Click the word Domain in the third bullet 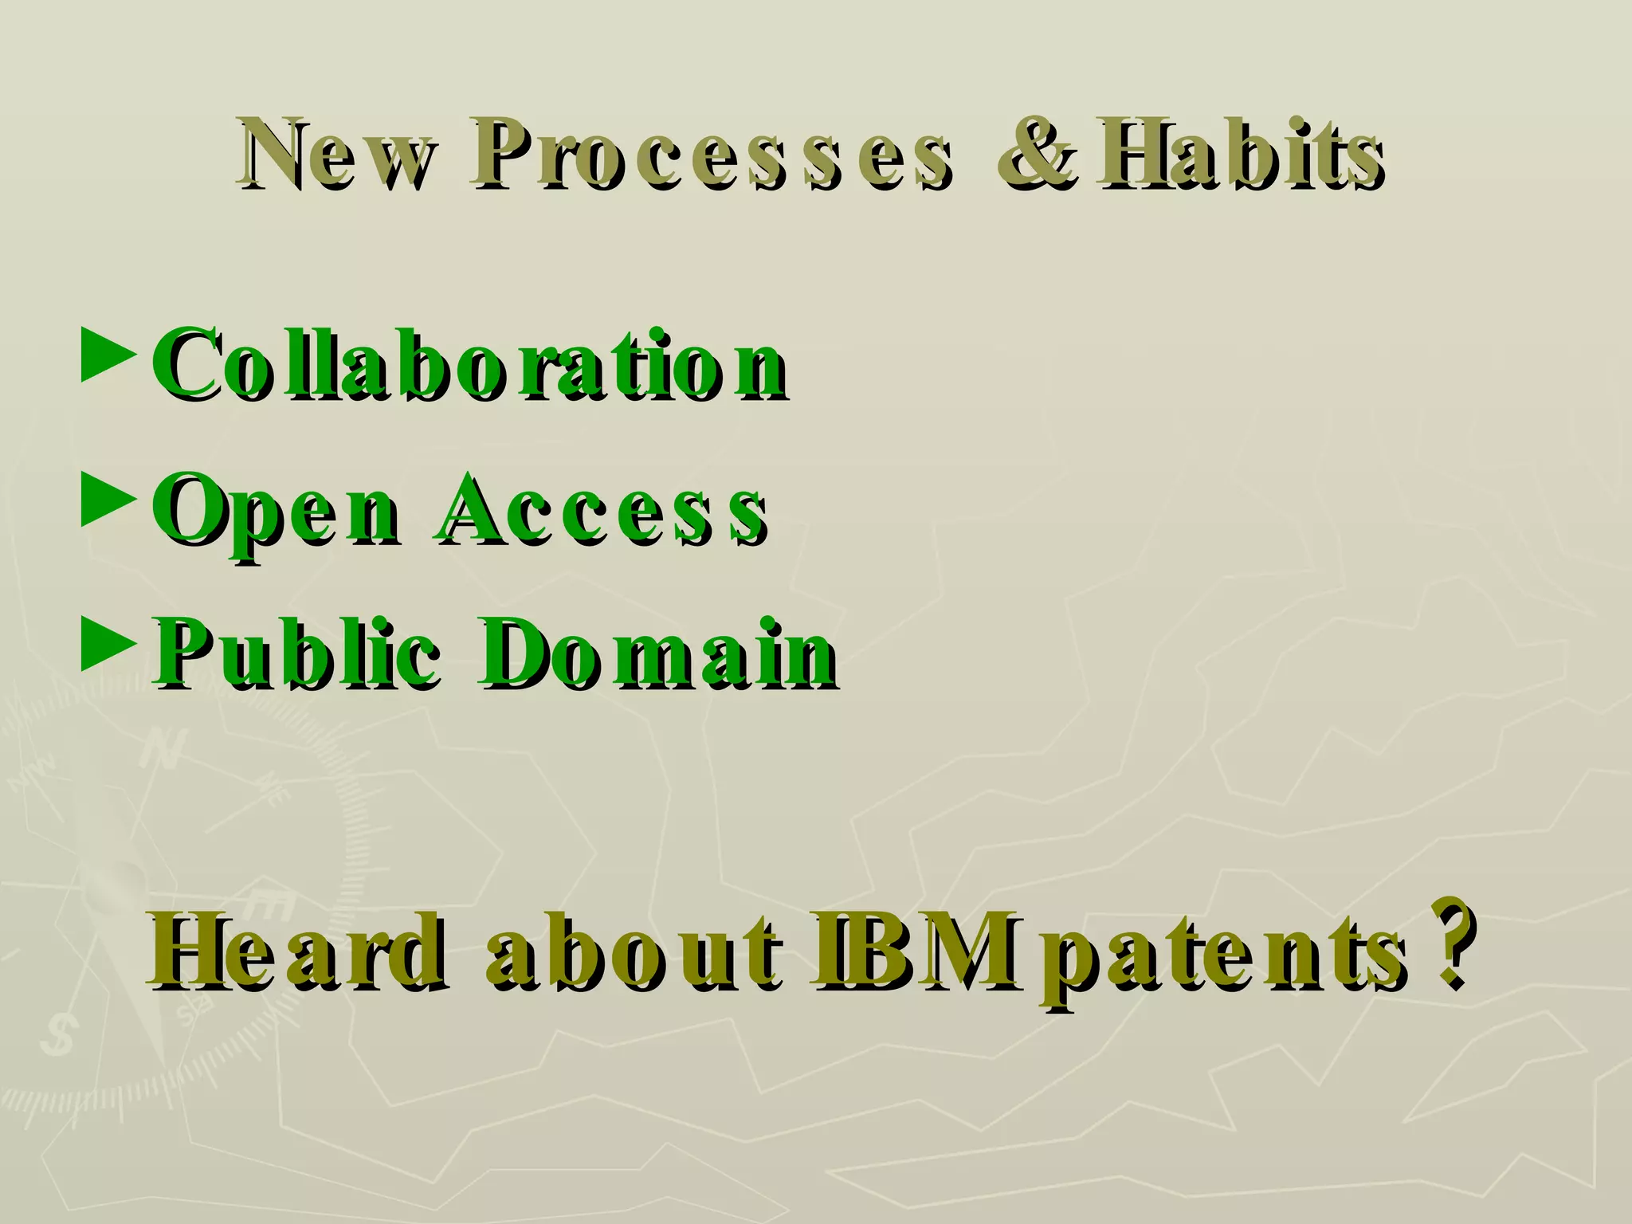tap(658, 653)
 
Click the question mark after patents tap(1447, 940)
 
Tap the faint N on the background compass tap(163, 749)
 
